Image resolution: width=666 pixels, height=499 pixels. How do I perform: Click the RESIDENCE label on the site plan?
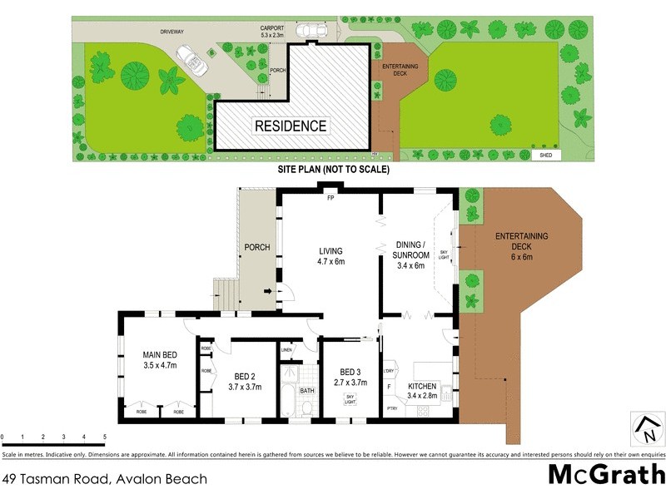coord(291,126)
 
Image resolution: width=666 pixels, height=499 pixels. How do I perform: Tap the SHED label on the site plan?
coord(545,155)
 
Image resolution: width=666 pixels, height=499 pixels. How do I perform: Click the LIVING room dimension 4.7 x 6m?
coord(331,261)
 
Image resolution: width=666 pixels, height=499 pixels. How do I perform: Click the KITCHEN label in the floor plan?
coord(422,387)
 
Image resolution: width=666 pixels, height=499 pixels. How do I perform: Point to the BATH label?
coord(307,390)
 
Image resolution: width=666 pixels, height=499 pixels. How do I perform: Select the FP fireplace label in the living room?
coord(331,199)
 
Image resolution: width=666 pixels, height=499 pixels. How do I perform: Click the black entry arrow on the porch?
coord(269,291)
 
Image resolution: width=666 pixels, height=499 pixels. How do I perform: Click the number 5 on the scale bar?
coord(104,437)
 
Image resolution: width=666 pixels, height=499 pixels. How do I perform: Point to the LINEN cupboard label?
coord(286,350)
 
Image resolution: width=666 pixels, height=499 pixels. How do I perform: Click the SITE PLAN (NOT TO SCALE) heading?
coord(333,169)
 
